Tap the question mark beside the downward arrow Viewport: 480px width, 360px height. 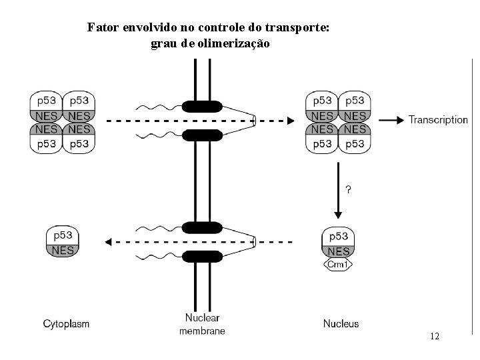click(x=348, y=189)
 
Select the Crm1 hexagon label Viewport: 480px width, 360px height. click(x=338, y=265)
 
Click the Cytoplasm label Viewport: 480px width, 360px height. click(x=66, y=324)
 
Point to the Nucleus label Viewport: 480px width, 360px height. click(x=341, y=324)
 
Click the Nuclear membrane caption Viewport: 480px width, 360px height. click(x=202, y=324)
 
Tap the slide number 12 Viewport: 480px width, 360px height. click(x=435, y=337)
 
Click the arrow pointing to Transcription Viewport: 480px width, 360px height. click(x=391, y=121)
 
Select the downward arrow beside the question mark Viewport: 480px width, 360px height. click(x=338, y=199)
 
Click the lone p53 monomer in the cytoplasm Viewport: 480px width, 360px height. click(x=63, y=235)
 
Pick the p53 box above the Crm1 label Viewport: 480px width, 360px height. click(x=339, y=237)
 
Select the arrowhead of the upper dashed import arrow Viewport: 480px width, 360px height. click(x=289, y=121)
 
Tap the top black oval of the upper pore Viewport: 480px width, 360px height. click(x=202, y=106)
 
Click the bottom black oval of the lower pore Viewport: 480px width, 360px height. click(x=202, y=257)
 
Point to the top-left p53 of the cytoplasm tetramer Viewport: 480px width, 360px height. click(x=46, y=101)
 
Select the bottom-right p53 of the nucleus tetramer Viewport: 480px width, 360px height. click(x=355, y=143)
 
